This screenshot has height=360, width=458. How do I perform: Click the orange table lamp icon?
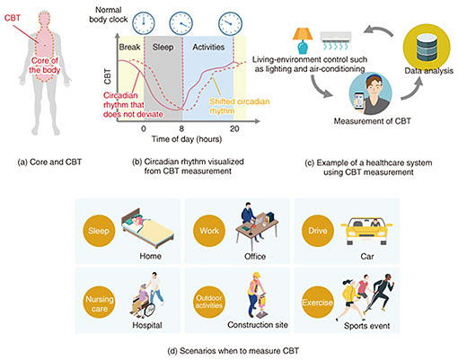[x=303, y=40]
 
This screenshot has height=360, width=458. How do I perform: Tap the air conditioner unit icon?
[x=336, y=40]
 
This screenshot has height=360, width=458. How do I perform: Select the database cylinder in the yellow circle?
[x=427, y=47]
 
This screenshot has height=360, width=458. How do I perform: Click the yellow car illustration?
[x=366, y=231]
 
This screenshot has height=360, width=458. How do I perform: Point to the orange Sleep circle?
[x=99, y=231]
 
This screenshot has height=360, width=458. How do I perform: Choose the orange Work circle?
[x=209, y=231]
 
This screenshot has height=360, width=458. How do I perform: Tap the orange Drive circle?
[x=318, y=231]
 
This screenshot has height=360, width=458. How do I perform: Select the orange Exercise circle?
[x=318, y=303]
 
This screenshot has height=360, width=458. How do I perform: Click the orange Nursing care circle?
[x=99, y=303]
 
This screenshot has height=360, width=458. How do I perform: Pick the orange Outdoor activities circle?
[x=209, y=303]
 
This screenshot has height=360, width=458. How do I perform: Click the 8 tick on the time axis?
[x=181, y=128]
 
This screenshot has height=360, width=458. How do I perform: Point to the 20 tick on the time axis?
[x=234, y=128]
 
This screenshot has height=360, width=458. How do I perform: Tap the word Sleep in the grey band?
[x=163, y=47]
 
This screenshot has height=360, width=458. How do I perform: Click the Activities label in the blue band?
[x=208, y=47]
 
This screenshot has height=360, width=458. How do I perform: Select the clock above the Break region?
[x=144, y=23]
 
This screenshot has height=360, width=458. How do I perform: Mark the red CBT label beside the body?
[x=13, y=18]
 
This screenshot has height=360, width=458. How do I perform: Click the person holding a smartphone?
[x=370, y=93]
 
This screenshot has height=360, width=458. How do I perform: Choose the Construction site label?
[x=258, y=325]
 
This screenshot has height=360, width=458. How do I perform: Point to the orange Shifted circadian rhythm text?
[x=240, y=106]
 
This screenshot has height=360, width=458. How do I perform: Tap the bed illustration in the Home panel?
[x=147, y=228]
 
